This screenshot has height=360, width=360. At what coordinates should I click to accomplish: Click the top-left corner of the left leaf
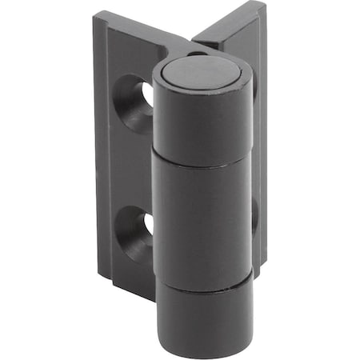[95, 14]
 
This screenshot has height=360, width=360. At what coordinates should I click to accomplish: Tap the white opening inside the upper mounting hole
[148, 94]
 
